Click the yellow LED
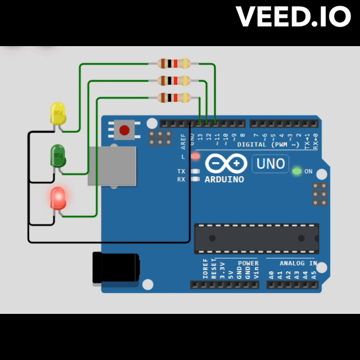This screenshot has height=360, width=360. (58, 114)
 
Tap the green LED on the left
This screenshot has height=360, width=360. (58, 155)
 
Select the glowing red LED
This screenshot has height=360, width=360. (58, 198)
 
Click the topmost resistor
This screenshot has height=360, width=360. (174, 64)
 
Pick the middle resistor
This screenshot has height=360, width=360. (174, 80)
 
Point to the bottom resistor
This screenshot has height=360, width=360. (174, 98)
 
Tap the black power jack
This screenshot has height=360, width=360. (115, 267)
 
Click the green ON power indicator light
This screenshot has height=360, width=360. (297, 171)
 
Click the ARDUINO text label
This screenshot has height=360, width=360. (224, 179)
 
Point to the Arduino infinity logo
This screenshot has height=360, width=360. (226, 163)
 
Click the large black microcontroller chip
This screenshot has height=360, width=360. (256, 238)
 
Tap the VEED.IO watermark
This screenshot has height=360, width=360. (293, 17)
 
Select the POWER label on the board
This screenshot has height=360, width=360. (247, 263)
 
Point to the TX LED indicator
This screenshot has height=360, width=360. (196, 171)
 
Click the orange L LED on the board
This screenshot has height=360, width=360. (196, 156)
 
